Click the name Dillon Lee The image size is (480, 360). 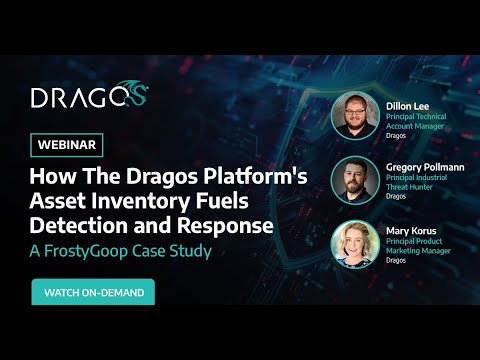click(x=407, y=104)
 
